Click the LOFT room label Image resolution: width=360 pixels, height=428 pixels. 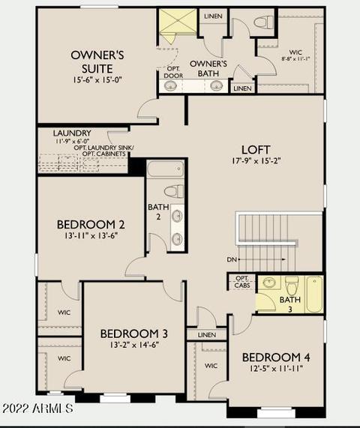[256, 150]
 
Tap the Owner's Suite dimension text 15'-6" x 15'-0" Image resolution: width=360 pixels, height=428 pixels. [97, 80]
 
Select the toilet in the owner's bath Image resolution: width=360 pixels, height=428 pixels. [263, 22]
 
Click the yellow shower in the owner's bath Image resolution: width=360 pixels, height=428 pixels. [178, 21]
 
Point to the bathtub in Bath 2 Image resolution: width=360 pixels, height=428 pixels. [166, 169]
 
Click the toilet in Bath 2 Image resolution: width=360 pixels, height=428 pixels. [174, 191]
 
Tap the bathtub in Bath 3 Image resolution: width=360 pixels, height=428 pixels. [314, 295]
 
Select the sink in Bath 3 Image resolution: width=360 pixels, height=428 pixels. [269, 283]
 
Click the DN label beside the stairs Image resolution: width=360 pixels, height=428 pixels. [232, 259]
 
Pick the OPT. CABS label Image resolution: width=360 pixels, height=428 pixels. [242, 282]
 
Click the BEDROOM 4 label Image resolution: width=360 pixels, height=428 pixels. [276, 358]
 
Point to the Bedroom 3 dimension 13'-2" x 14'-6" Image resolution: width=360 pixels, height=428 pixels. [134, 346]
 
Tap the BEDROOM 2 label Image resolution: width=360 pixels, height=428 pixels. [91, 225]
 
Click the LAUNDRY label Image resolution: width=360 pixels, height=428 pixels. [72, 133]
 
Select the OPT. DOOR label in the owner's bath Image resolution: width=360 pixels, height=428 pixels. [173, 73]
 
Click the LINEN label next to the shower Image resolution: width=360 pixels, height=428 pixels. [213, 16]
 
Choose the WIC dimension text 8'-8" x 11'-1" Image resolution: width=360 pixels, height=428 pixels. [295, 58]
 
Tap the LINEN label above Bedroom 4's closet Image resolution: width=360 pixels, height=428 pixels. [207, 335]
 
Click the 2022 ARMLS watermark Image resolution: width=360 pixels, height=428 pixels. [37, 409]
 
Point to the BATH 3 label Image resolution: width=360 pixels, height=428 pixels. [290, 304]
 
